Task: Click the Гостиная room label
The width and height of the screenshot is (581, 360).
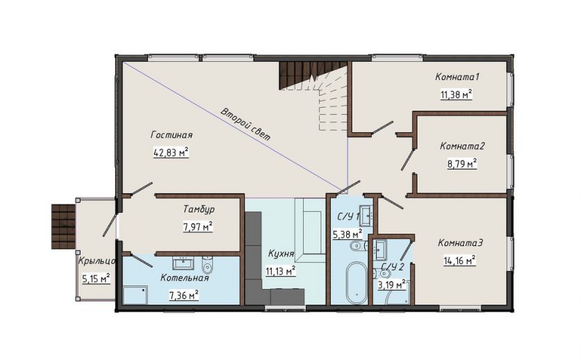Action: click(172, 135)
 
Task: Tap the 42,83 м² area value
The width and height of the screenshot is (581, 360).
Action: click(171, 152)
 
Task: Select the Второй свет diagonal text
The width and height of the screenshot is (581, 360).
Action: click(245, 124)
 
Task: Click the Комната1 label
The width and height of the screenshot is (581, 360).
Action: click(457, 77)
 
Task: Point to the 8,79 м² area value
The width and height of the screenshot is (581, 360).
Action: click(461, 163)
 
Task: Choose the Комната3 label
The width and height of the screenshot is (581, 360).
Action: click(461, 243)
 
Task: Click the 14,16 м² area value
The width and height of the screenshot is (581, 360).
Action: click(459, 261)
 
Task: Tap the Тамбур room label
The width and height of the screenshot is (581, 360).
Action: click(199, 209)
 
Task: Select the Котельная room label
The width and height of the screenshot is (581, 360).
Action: click(185, 278)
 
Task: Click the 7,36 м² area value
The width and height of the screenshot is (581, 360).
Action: click(183, 295)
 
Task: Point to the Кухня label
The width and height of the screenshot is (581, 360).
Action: click(281, 254)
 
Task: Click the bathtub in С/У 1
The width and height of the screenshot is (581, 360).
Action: click(357, 283)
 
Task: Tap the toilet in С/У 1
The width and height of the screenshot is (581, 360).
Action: click(357, 245)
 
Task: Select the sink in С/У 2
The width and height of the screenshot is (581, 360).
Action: click(380, 249)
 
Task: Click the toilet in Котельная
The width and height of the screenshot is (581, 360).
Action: click(207, 265)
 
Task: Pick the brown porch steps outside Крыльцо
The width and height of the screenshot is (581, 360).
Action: click(63, 227)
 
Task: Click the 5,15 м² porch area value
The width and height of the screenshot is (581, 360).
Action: click(96, 278)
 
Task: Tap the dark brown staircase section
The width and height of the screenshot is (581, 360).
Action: click(311, 74)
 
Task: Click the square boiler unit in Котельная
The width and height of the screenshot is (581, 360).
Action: click(136, 295)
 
